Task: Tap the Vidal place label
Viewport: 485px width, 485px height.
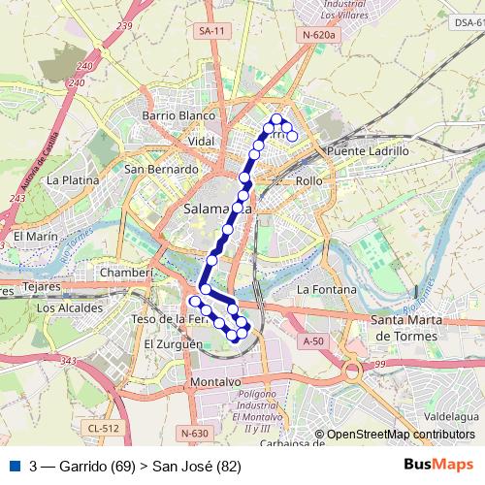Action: (x=201, y=141)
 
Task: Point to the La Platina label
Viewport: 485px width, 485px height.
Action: (x=74, y=179)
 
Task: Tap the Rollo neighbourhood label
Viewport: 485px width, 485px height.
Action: (x=308, y=181)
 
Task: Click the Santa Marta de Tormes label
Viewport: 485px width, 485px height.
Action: (x=416, y=327)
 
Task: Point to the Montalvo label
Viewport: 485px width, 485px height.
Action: (x=215, y=382)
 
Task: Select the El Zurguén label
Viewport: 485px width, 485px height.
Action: (x=173, y=343)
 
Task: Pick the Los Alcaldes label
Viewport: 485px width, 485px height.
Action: (x=69, y=307)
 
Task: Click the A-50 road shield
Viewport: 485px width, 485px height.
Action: (x=312, y=340)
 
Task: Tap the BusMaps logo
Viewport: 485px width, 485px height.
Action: (x=438, y=465)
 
